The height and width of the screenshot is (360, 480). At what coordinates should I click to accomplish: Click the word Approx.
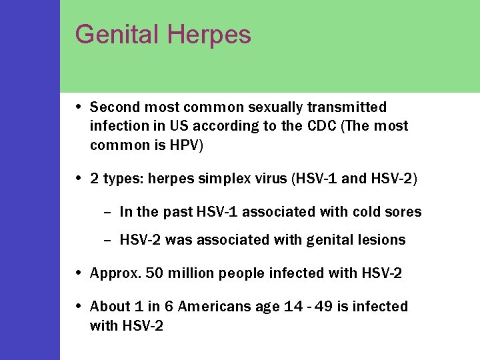[x=111, y=273]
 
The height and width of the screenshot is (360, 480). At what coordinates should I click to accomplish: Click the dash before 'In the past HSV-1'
[x=107, y=212]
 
